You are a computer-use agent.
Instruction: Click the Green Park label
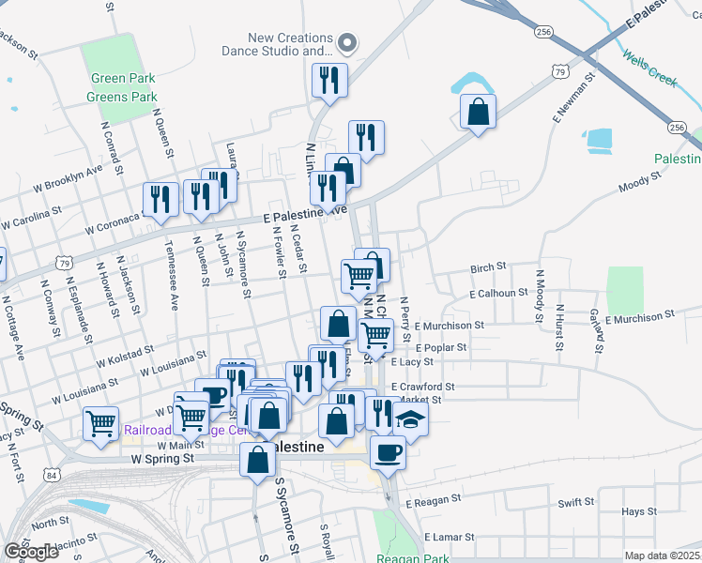[x=120, y=80]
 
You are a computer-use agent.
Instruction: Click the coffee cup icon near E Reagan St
[x=388, y=452]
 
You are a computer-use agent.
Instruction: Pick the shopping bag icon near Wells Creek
[x=479, y=112]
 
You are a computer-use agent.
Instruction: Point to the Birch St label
[x=488, y=268]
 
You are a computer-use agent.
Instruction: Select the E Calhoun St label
[x=498, y=294]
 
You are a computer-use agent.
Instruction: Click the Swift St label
[x=574, y=503]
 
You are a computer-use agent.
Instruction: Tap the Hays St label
[x=638, y=512]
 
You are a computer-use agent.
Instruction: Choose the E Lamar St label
[x=451, y=537]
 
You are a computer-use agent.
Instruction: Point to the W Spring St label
[x=162, y=459]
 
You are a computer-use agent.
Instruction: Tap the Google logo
[x=31, y=552]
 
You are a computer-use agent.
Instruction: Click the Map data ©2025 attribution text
[x=662, y=555]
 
